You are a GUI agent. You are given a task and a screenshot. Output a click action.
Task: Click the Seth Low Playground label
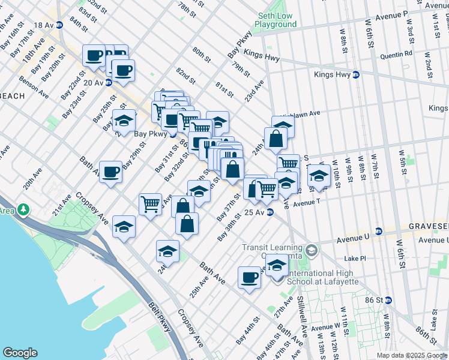click(276, 20)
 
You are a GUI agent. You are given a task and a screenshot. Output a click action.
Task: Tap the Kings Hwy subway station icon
click(355, 75)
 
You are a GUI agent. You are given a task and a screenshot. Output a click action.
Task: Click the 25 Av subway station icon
click(270, 212)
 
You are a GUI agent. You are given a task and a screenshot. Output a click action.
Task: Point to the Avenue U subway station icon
click(379, 231)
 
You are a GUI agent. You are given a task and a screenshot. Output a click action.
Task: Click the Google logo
click(20, 353)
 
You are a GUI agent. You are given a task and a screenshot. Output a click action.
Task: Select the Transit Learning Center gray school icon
click(311, 249)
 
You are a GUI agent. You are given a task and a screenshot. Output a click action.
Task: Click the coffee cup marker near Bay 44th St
click(249, 277)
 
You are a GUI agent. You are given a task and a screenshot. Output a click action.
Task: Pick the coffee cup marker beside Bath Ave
click(111, 172)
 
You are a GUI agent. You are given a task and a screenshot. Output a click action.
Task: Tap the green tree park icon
click(23, 210)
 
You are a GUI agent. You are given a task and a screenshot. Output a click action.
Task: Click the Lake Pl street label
click(355, 258)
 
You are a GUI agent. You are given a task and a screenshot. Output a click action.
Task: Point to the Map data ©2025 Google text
click(412, 355)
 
